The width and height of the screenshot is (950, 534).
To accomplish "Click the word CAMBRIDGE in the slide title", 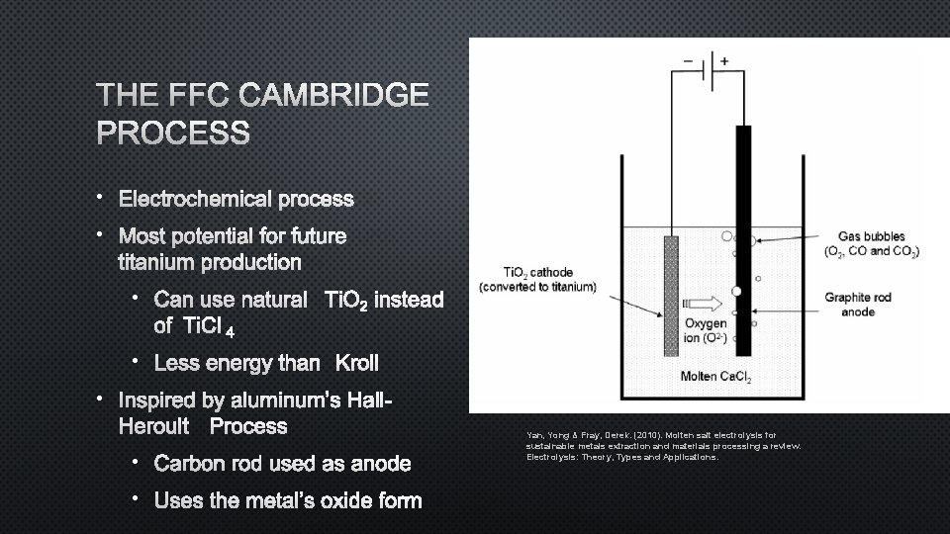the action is click(335, 96).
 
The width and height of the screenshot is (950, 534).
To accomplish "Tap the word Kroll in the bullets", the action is click(357, 363).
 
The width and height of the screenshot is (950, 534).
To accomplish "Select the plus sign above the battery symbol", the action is click(724, 60).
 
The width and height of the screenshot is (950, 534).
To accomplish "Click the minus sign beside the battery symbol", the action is click(689, 60).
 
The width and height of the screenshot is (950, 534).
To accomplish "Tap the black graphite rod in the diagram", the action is click(743, 198).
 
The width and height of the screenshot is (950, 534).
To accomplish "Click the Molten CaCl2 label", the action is click(714, 377).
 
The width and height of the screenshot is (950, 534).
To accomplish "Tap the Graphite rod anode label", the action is click(857, 305).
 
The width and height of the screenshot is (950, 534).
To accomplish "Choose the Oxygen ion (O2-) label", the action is click(705, 331).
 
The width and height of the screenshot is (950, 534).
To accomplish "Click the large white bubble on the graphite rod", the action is click(736, 291).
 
